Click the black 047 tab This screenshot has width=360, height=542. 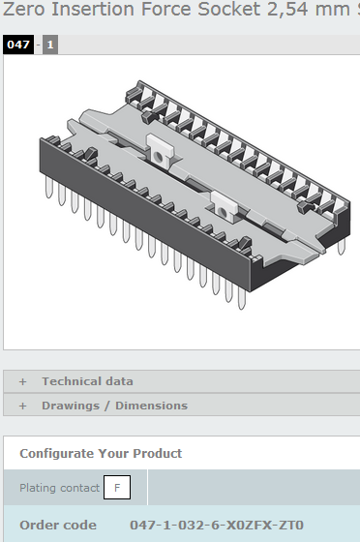point(18,45)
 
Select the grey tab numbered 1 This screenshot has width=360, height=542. point(50,45)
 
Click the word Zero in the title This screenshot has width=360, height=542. point(24,9)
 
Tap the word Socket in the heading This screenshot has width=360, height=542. point(228,9)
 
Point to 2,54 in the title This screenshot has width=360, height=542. point(287,10)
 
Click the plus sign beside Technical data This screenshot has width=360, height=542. point(23,381)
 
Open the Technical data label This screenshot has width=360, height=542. point(87,381)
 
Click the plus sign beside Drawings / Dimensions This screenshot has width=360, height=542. point(23,406)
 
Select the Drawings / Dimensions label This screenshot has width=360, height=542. point(115,406)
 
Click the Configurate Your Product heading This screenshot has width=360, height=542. point(101,454)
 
